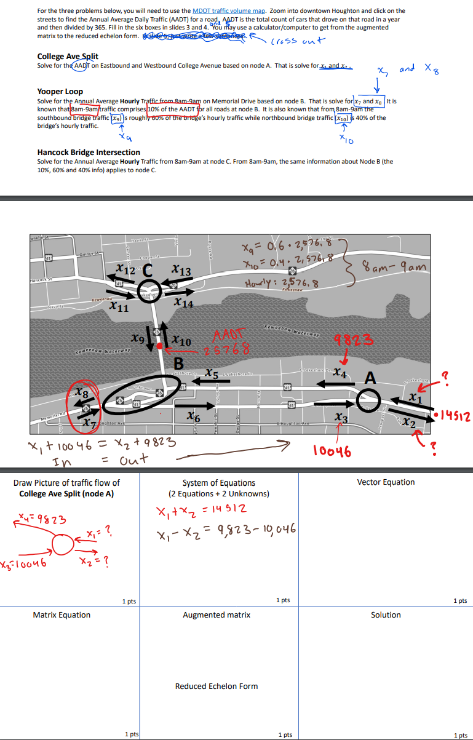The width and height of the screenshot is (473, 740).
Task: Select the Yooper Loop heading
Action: pyautogui.click(x=60, y=92)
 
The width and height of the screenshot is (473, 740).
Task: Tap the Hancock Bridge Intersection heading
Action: pyautogui.click(x=89, y=152)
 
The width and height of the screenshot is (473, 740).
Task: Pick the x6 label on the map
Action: pyautogui.click(x=193, y=417)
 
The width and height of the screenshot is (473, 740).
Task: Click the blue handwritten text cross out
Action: pyautogui.click(x=298, y=41)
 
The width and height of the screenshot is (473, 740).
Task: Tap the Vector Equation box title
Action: pyautogui.click(x=386, y=482)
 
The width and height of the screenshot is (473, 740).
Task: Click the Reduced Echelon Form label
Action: pyautogui.click(x=217, y=686)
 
